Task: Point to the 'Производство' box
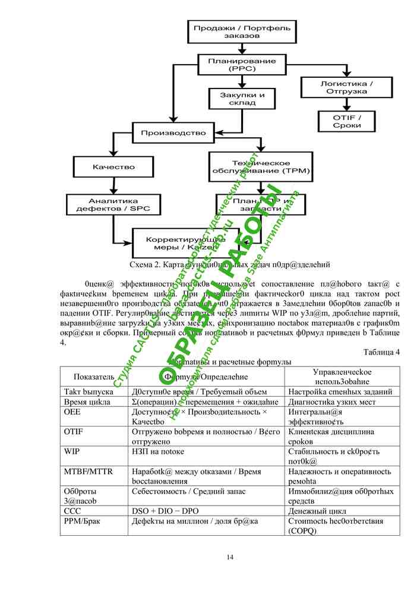click(173, 132)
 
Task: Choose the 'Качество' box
click(113, 167)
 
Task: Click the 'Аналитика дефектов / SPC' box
click(113, 205)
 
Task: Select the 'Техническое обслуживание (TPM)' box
click(260, 167)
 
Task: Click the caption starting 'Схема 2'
click(229, 264)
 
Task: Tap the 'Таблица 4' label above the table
click(381, 352)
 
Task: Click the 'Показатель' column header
click(94, 377)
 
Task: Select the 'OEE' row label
click(71, 412)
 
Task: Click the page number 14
click(230, 557)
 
